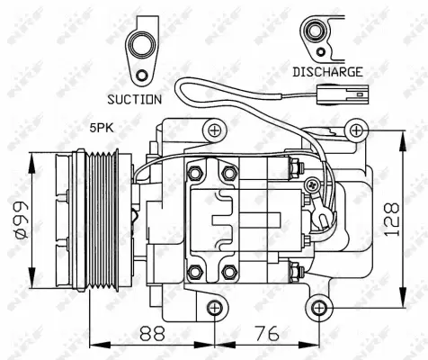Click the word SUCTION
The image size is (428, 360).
click(x=134, y=99)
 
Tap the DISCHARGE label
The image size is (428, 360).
click(x=327, y=71)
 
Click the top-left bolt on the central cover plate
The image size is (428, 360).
click(x=197, y=172)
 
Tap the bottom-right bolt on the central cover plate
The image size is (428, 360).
click(x=228, y=271)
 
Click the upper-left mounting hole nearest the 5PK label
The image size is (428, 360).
click(x=214, y=131)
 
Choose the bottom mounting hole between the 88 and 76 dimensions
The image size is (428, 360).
click(x=214, y=308)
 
